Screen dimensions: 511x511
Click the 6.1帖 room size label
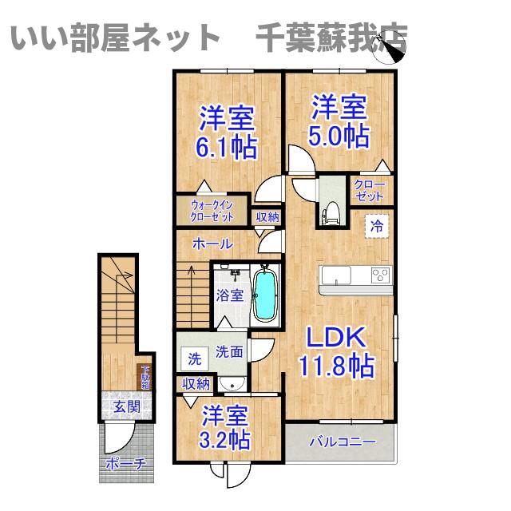coord(227,148)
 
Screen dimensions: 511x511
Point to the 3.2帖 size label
coord(225,438)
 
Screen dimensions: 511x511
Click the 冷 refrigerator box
coord(376,226)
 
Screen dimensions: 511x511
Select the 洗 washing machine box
coord(194,359)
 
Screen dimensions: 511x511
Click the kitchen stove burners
coord(379,276)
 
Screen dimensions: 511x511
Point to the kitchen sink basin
coord(336,275)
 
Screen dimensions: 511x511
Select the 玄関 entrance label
coord(125,407)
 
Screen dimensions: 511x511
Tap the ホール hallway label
coord(212,244)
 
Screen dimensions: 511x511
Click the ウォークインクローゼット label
coord(212,210)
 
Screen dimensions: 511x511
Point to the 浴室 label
coord(230,295)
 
